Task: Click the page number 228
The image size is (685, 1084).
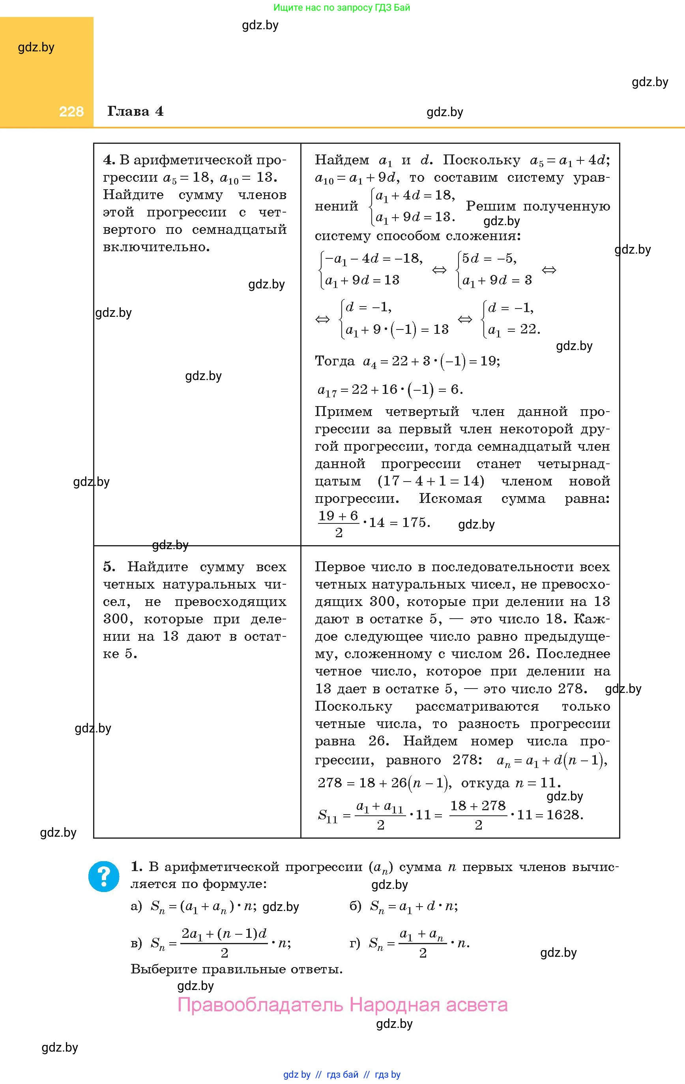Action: pyautogui.click(x=71, y=112)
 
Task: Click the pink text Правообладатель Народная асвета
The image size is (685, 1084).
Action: pyautogui.click(x=342, y=1005)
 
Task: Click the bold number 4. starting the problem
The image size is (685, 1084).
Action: pyautogui.click(x=109, y=160)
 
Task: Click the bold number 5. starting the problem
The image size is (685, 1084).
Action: pyautogui.click(x=109, y=567)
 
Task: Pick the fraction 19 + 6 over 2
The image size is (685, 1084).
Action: pyautogui.click(x=338, y=523)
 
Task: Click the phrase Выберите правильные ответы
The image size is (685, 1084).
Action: pyautogui.click(x=237, y=969)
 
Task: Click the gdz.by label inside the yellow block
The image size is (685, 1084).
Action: pyautogui.click(x=36, y=47)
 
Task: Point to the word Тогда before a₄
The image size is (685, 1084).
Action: pyautogui.click(x=335, y=361)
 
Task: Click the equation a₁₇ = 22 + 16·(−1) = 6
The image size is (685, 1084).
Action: pyautogui.click(x=390, y=390)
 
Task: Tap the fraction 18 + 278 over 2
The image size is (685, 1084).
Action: pyautogui.click(x=478, y=815)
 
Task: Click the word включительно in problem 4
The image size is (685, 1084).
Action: pyautogui.click(x=156, y=247)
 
